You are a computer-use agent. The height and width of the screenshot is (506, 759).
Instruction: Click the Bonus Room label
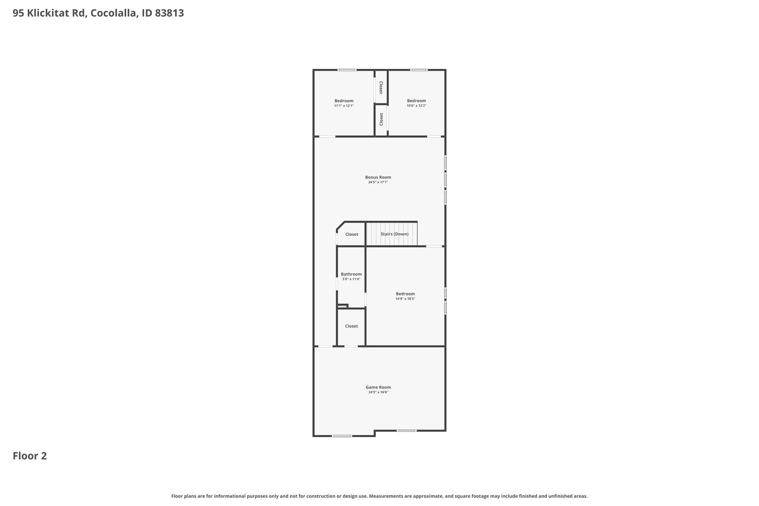pyautogui.click(x=378, y=177)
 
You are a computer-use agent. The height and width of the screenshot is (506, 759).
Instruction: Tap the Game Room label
pyautogui.click(x=378, y=387)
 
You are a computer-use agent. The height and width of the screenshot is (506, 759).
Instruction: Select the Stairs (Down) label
pyautogui.click(x=395, y=234)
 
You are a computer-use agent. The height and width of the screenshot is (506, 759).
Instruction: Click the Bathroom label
pyautogui.click(x=351, y=274)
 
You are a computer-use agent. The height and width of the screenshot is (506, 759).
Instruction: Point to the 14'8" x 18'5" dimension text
pyautogui.click(x=405, y=299)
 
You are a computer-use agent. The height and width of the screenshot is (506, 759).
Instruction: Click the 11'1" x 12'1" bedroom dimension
pyautogui.click(x=344, y=106)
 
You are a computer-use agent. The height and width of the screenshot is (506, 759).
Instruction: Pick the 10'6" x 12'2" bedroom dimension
pyautogui.click(x=417, y=106)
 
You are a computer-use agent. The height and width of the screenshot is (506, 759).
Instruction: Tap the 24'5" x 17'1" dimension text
pyautogui.click(x=378, y=182)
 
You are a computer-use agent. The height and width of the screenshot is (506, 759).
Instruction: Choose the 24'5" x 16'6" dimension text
pyautogui.click(x=378, y=392)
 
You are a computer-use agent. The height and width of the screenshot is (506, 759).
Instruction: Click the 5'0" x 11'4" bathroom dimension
pyautogui.click(x=351, y=279)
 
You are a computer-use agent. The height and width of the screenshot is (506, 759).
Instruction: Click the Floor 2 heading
pyautogui.click(x=30, y=456)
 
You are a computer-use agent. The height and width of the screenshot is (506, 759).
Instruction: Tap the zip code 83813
pyautogui.click(x=169, y=13)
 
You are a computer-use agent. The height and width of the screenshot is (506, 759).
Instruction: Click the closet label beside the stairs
pyautogui.click(x=352, y=234)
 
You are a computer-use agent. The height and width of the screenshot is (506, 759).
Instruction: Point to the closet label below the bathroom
pyautogui.click(x=351, y=326)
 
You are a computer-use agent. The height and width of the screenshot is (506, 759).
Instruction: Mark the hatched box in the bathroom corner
pyautogui.click(x=342, y=307)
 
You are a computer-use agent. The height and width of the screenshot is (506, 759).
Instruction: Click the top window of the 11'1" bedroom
pyautogui.click(x=347, y=70)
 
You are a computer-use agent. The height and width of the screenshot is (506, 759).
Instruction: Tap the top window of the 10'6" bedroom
pyautogui.click(x=419, y=70)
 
